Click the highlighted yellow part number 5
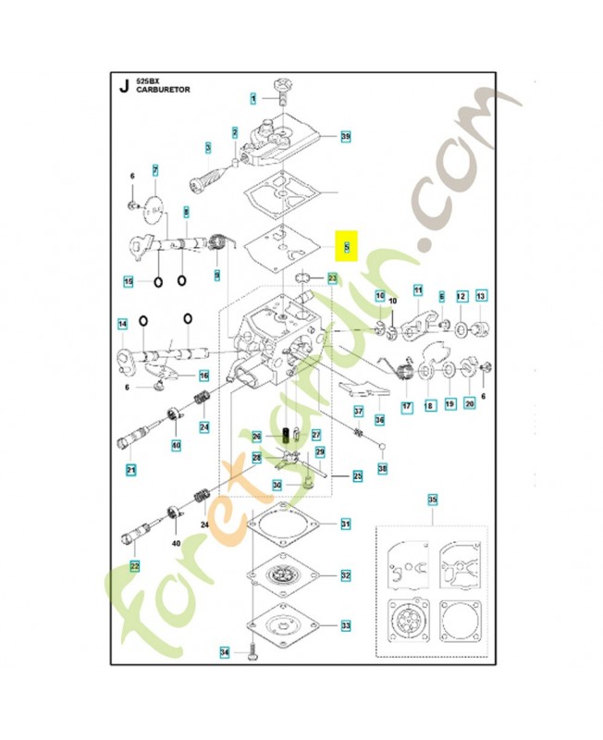347,247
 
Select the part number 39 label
345,136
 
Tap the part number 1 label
252,97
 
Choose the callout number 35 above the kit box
431,500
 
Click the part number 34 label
224,653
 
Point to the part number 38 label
382,469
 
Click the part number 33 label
345,626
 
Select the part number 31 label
345,524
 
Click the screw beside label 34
252,652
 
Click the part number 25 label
357,476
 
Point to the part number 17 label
405,405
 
